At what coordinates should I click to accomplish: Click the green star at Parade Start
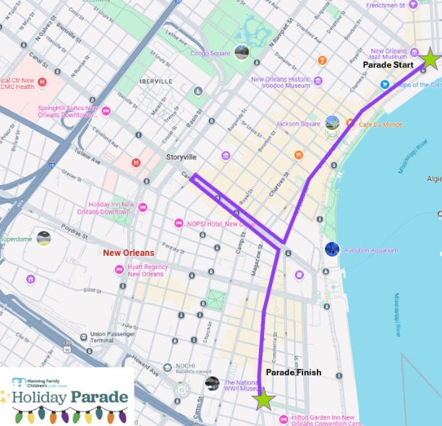point(430,59)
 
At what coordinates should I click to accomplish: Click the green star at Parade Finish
point(263,399)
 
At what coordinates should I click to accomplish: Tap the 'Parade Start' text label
point(388,65)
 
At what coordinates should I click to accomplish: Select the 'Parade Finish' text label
point(294,372)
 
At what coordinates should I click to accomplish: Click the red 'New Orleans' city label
point(128,253)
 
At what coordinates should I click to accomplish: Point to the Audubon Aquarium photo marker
point(332,249)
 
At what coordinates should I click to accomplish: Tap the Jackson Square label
point(297,124)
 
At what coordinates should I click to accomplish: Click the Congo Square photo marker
point(242,51)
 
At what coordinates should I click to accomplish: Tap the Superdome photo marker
point(44,237)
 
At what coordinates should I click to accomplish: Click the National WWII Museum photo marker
point(212,383)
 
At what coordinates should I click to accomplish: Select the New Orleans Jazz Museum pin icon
point(413,51)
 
